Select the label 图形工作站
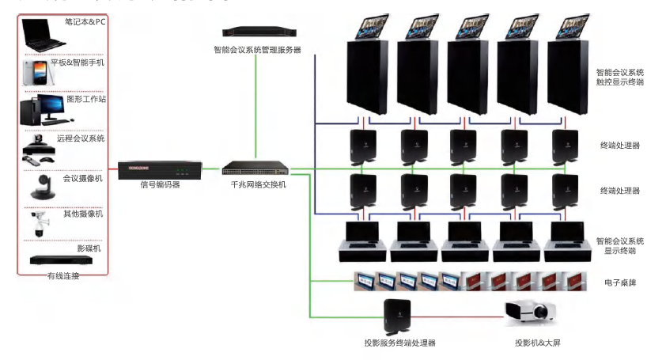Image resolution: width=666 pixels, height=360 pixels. tap(86, 100)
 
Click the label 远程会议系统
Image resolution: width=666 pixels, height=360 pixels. tap(81, 138)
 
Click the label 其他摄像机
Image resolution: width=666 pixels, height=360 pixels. tap(83, 214)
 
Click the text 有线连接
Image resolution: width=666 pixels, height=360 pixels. tap(62, 275)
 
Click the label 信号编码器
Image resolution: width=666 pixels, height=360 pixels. tap(160, 184)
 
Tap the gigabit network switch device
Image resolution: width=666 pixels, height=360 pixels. tap(254, 168)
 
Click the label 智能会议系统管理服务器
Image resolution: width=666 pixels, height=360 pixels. tap(257, 49)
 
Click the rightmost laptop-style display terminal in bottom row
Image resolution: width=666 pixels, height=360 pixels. tap(571, 241)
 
